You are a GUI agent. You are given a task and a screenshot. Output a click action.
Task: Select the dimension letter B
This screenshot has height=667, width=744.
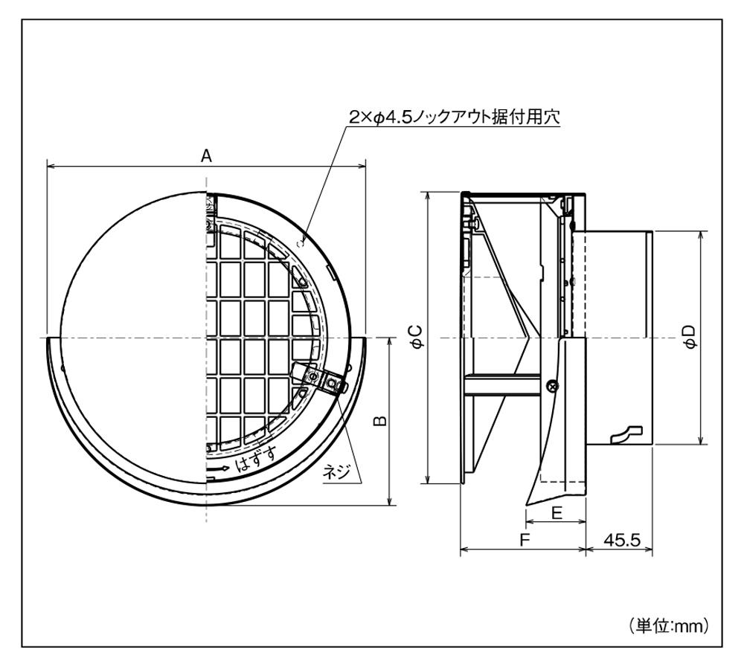379,421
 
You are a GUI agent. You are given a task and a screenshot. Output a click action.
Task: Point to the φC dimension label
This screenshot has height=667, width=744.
418,337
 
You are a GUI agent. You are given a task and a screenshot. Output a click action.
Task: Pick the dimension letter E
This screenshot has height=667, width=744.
556,512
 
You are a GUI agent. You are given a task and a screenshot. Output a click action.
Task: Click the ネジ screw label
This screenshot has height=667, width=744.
334,471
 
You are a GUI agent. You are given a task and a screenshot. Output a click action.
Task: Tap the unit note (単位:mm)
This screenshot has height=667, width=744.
668,625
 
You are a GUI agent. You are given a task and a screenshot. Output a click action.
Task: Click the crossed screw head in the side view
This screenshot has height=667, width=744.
551,384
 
